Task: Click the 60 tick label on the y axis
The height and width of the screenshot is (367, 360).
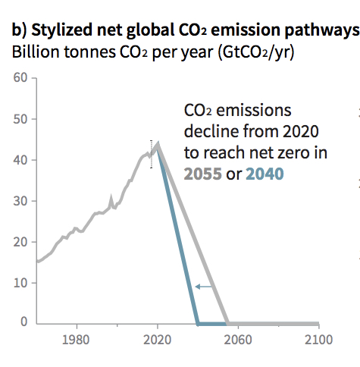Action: point(20,77)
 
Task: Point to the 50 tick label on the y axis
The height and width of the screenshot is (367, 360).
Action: point(20,119)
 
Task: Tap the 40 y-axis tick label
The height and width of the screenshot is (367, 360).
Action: point(20,160)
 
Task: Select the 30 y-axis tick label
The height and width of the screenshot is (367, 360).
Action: point(20,201)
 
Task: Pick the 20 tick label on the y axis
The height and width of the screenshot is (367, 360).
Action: point(20,242)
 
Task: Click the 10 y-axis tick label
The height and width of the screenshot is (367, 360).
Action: point(20,283)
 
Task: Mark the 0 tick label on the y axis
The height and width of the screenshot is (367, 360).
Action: point(24,322)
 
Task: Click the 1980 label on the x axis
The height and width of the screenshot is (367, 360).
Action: point(76,340)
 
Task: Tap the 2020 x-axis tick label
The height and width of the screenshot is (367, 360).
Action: point(157,340)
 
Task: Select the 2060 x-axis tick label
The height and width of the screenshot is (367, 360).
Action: point(238,340)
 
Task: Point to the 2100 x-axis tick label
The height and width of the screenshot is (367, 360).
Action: point(318,340)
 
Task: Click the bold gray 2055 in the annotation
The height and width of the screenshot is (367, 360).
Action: point(203,174)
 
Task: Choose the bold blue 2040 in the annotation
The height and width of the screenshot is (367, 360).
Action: point(265,174)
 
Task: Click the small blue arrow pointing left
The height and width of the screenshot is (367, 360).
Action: point(204,287)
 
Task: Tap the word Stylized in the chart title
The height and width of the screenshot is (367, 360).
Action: point(62,30)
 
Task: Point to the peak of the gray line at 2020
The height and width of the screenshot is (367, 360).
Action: point(158,143)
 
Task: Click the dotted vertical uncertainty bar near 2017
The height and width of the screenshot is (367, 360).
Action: point(152,154)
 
